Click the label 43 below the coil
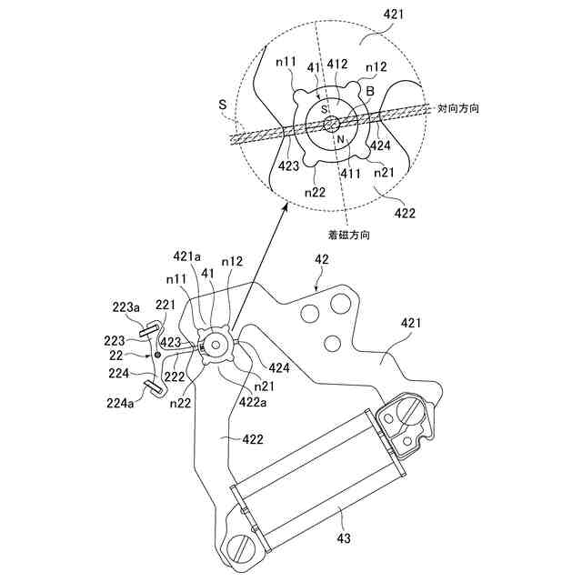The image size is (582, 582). [x=344, y=538]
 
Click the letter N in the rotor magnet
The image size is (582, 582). [x=339, y=140]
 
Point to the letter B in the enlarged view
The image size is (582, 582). [x=370, y=92]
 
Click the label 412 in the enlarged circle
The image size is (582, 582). [x=337, y=65]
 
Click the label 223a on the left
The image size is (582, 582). [x=125, y=309]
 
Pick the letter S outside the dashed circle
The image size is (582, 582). [x=222, y=105]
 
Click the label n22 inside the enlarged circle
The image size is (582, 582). [x=316, y=192]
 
